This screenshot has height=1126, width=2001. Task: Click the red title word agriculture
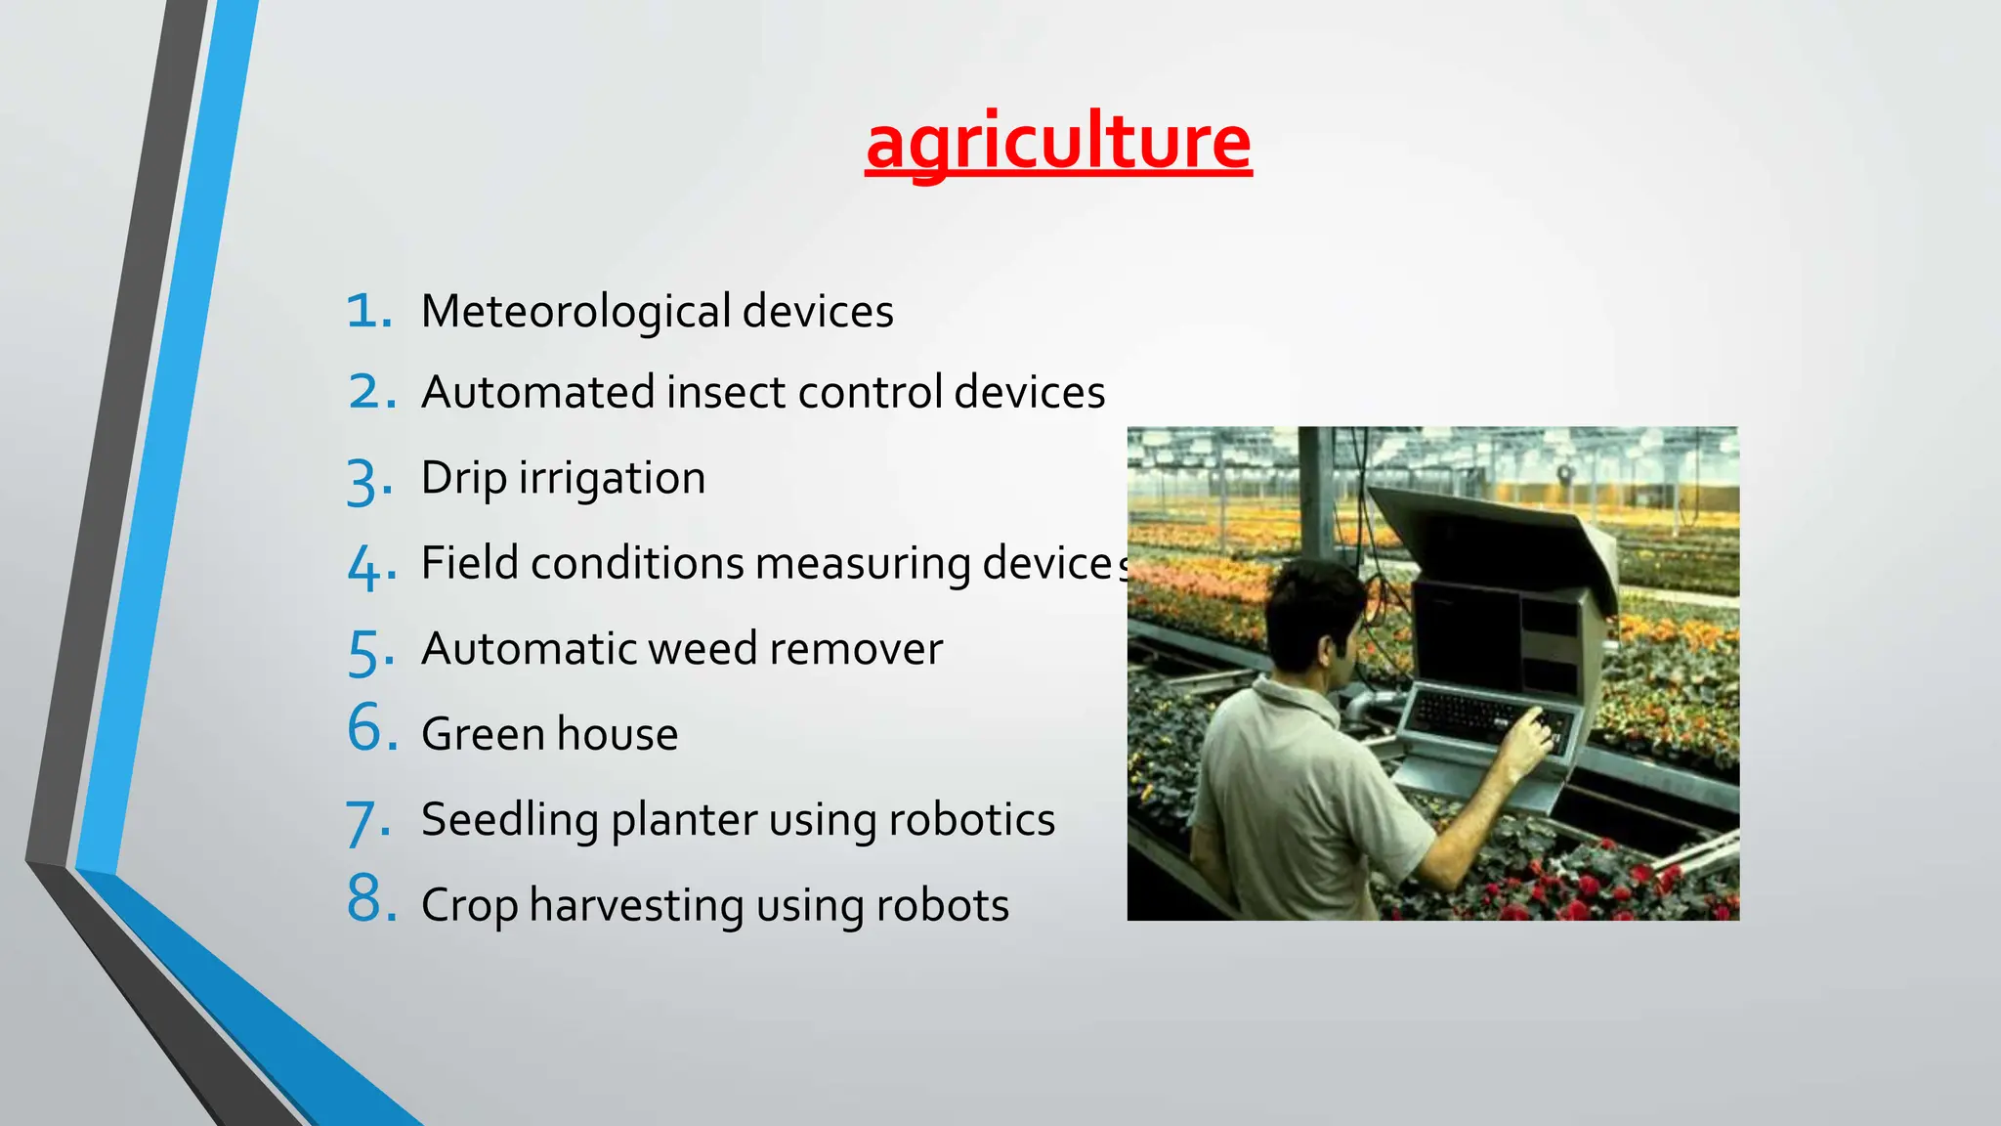[x=1058, y=144]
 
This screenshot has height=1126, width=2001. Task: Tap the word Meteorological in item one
[x=575, y=312]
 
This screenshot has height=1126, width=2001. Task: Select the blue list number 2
[x=370, y=393]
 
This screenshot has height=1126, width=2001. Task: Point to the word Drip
[x=464, y=479]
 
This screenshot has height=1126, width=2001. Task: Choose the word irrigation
[x=612, y=479]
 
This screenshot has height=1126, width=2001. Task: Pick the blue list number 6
[x=371, y=729]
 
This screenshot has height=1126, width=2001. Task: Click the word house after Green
[x=617, y=734]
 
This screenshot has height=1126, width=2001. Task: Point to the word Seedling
[x=509, y=820]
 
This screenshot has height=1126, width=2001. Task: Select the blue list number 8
[x=371, y=899]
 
